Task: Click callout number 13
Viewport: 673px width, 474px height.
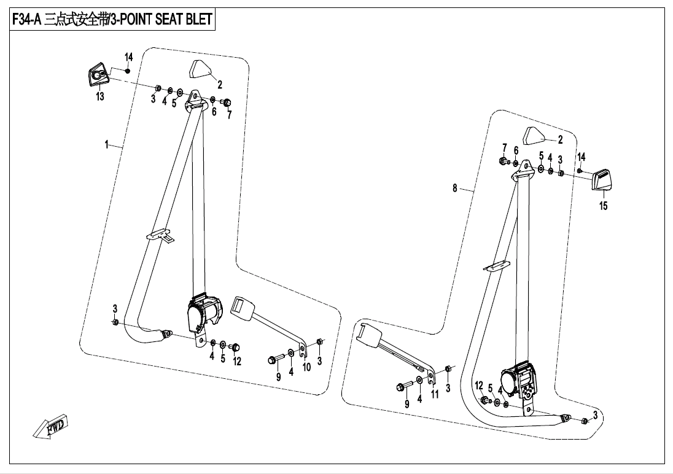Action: click(99, 96)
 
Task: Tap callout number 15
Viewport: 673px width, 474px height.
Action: click(604, 206)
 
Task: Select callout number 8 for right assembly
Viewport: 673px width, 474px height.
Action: click(455, 188)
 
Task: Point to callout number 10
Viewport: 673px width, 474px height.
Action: click(306, 367)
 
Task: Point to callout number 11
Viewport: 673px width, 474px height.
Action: click(435, 395)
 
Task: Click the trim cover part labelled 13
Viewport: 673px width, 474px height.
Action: click(97, 75)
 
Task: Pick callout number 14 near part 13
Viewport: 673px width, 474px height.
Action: click(129, 57)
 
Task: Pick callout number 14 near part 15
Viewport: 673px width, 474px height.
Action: click(581, 157)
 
